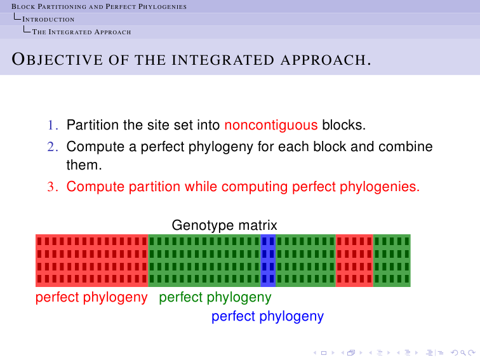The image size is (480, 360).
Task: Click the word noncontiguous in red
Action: tap(271, 125)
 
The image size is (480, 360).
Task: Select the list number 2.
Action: tap(53, 147)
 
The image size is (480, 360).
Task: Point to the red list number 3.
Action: tap(53, 187)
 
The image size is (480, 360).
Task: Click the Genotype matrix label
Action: tap(224, 225)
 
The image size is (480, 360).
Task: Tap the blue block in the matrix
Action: tap(268, 260)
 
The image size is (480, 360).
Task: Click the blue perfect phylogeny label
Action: tap(267, 317)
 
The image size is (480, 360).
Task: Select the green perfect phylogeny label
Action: tap(215, 298)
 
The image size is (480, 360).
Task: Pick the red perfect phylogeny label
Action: tap(91, 298)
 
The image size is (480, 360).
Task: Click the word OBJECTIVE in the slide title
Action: tap(57, 60)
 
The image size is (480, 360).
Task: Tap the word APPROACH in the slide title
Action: tap(326, 60)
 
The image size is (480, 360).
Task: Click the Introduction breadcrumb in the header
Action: tap(48, 19)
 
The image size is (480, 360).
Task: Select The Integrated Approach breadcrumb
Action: tap(81, 32)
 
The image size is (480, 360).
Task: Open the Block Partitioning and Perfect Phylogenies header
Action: tap(99, 6)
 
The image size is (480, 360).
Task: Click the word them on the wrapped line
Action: tap(84, 165)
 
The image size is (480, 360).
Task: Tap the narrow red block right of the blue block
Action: tap(354, 260)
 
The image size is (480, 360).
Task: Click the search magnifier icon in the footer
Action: tap(463, 353)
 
